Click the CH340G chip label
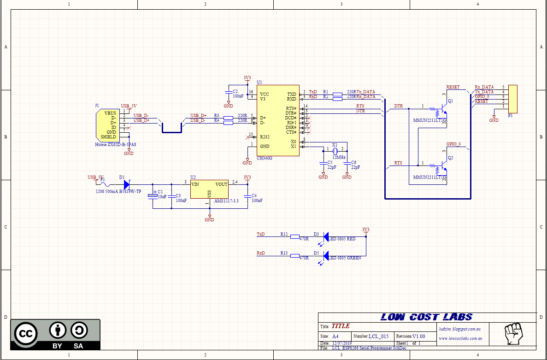pyautogui.click(x=265, y=158)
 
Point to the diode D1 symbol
pyautogui.click(x=127, y=184)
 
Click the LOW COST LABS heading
pyautogui.click(x=426, y=317)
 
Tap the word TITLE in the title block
pyautogui.click(x=341, y=326)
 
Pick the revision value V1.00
pyautogui.click(x=419, y=336)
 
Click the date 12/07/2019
pyautogui.click(x=341, y=343)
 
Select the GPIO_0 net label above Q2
pyautogui.click(x=453, y=144)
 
